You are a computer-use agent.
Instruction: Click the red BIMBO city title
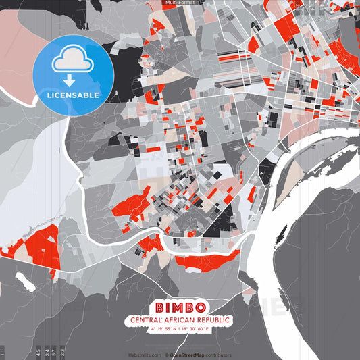[180, 306]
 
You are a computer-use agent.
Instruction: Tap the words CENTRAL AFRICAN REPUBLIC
[180, 319]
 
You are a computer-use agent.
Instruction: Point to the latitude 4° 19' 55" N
[164, 329]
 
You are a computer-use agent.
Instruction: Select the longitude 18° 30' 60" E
[197, 329]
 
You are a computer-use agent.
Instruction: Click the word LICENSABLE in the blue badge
[73, 95]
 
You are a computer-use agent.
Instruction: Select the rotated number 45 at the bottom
[38, 352]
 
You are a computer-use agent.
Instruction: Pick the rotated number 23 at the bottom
[63, 352]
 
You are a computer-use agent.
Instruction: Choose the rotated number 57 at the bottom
[55, 352]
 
